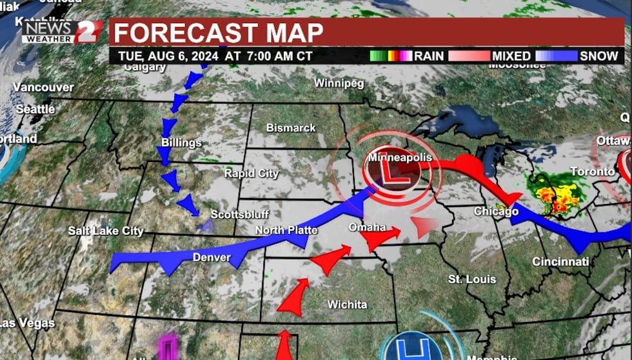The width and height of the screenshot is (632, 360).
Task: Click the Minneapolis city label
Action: [399, 157]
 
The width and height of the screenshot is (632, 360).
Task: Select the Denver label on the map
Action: [212, 257]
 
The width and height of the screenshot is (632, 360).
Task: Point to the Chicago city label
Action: [496, 211]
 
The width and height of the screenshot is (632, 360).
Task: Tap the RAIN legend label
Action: [428, 56]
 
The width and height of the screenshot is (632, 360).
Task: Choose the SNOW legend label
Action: [598, 56]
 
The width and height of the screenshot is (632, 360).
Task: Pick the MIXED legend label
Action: [511, 56]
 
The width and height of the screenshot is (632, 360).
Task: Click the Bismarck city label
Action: [291, 128]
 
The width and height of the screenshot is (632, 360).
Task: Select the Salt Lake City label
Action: [106, 231]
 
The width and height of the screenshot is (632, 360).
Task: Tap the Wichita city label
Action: [347, 305]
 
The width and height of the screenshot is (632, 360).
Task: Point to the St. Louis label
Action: [472, 279]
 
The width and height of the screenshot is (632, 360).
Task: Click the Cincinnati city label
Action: [560, 261]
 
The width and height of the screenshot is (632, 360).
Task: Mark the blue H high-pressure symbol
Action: [410, 346]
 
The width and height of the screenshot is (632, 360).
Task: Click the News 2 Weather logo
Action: [62, 32]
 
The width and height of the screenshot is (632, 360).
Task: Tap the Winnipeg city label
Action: [339, 83]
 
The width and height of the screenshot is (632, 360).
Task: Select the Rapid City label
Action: [251, 173]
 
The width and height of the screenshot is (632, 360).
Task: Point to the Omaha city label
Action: [367, 227]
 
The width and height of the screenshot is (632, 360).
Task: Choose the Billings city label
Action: [181, 143]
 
